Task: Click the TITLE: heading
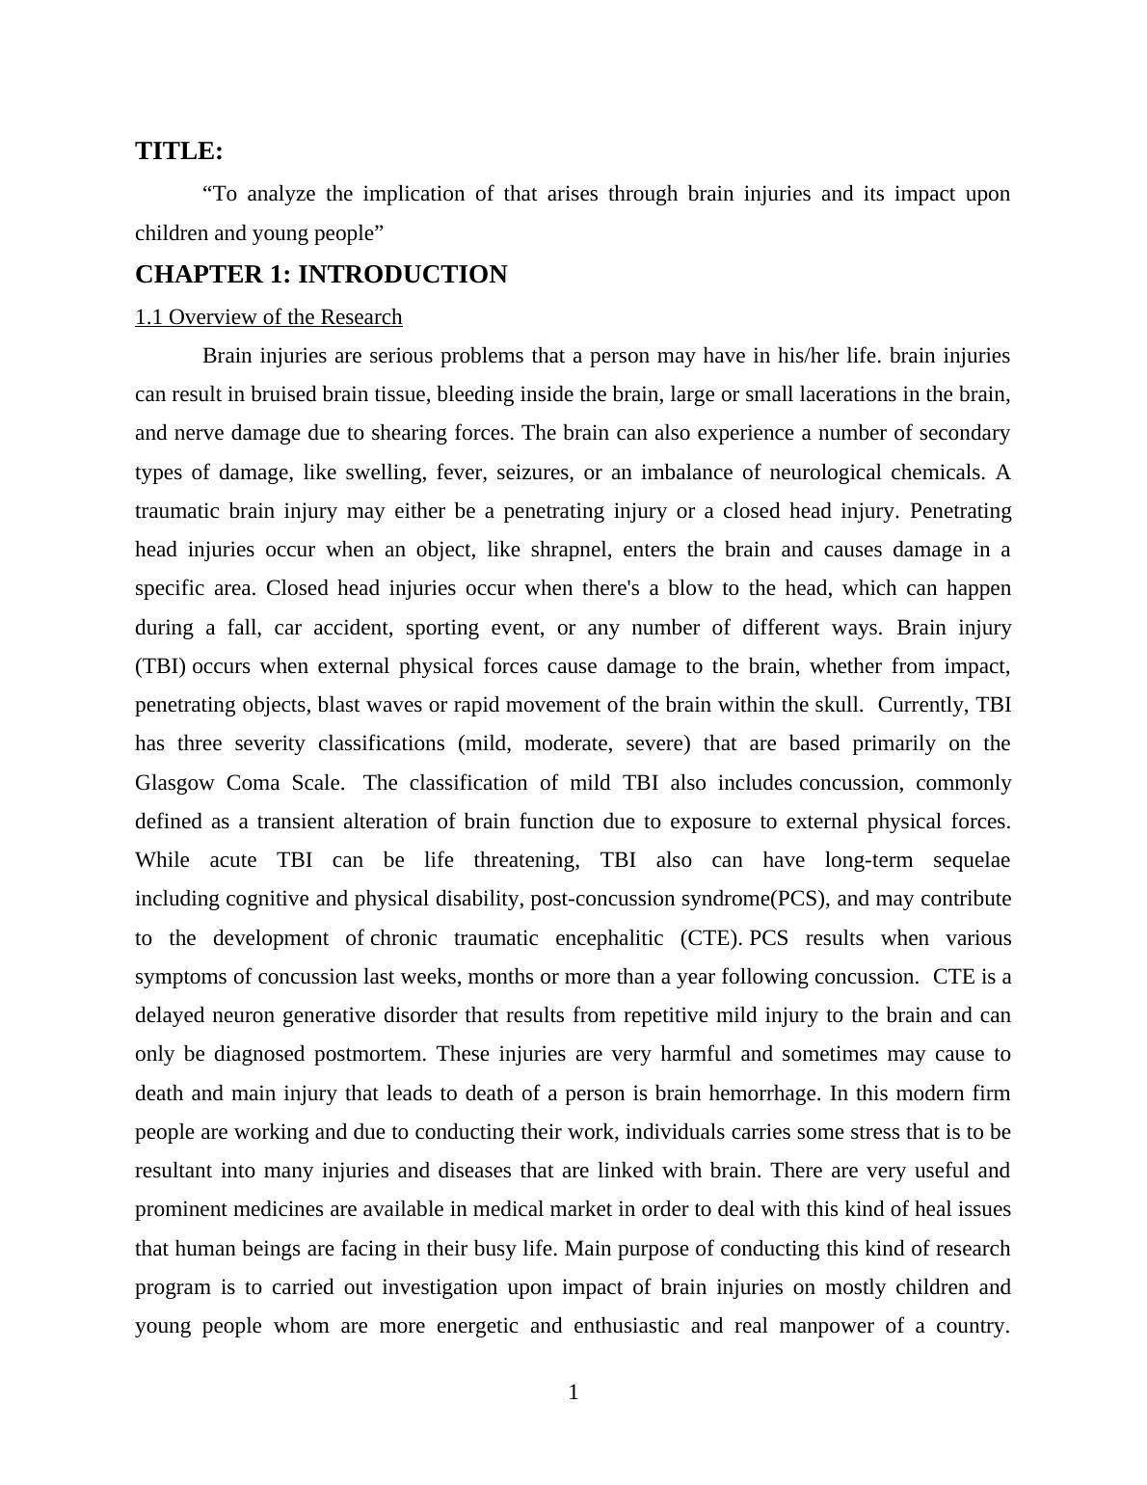pos(179,151)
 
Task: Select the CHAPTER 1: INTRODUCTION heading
pos(321,275)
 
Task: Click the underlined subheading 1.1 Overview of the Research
pos(268,317)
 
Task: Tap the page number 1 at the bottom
pos(573,1392)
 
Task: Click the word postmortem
pos(369,1054)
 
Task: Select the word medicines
pos(276,1209)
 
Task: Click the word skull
pos(836,705)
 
